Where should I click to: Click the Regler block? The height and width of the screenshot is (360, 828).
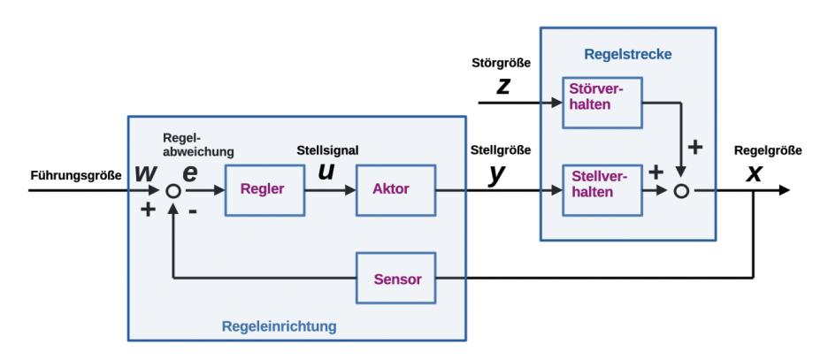coord(263,189)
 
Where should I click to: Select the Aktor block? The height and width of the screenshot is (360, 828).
coord(395,189)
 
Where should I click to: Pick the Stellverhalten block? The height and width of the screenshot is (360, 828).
coord(602,189)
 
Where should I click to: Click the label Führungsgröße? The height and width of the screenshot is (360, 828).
coord(74,174)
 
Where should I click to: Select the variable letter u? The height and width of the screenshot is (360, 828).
coord(326,171)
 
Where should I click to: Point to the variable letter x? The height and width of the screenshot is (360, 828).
coord(754,172)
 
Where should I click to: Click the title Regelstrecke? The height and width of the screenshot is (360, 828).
coord(627,54)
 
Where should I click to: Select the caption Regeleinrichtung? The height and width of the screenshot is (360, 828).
coord(279,326)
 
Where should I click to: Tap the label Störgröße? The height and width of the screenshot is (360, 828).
coord(502,64)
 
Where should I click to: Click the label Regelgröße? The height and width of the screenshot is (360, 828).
coord(768,150)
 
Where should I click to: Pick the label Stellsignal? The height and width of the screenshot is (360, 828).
coord(327,149)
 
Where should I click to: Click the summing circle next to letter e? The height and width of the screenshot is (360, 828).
coord(174,190)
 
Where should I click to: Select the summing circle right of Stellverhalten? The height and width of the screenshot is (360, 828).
coord(680,190)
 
